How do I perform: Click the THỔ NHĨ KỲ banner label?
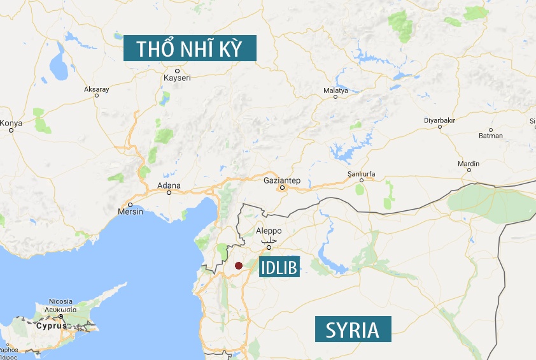click(x=190, y=48)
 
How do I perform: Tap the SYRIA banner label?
click(x=353, y=330)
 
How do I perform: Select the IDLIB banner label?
click(x=279, y=268)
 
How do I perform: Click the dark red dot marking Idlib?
click(x=238, y=266)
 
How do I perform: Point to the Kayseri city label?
click(x=177, y=78)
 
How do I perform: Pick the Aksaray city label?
click(x=97, y=89)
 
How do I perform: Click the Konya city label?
click(x=11, y=123)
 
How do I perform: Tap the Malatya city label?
click(x=336, y=90)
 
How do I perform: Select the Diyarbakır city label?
click(x=440, y=120)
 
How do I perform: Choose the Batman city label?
click(x=491, y=136)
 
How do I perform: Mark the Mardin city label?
click(x=469, y=164)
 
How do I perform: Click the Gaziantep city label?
click(x=281, y=180)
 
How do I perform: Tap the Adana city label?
click(x=169, y=186)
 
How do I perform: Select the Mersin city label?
click(x=130, y=212)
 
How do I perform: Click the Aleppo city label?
click(x=268, y=231)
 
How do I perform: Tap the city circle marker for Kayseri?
click(x=177, y=70)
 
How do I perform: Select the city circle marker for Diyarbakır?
click(x=440, y=127)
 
